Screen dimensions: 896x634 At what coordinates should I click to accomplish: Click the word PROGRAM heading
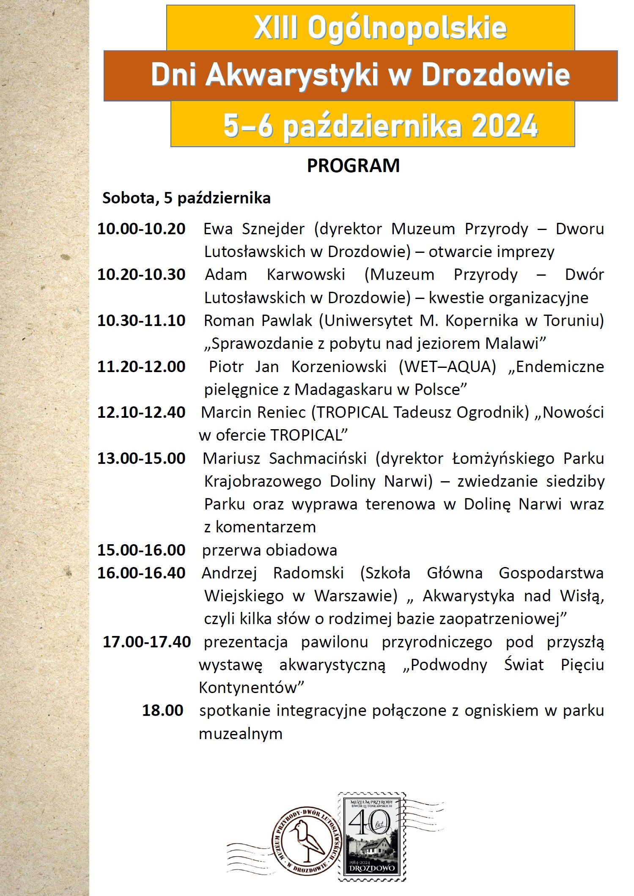[x=353, y=166]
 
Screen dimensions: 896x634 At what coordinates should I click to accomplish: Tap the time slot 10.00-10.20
[x=141, y=229]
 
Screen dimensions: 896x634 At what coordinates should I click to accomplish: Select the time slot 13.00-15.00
[x=141, y=458]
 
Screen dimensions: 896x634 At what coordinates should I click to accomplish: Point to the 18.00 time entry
[x=162, y=710]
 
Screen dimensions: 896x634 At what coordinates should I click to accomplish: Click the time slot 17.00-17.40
[x=147, y=642]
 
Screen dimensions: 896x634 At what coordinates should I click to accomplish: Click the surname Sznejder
[x=273, y=229]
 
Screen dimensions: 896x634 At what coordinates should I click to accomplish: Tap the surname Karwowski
[x=306, y=274]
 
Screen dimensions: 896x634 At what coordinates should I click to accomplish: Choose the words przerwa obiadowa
[x=269, y=550]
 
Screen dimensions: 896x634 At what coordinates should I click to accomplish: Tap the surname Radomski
[x=308, y=573]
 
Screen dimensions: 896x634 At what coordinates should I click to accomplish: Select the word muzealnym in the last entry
[x=241, y=733]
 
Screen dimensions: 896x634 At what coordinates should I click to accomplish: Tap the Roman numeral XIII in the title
[x=276, y=28]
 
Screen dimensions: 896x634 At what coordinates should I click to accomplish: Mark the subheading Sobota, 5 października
[x=187, y=198]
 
